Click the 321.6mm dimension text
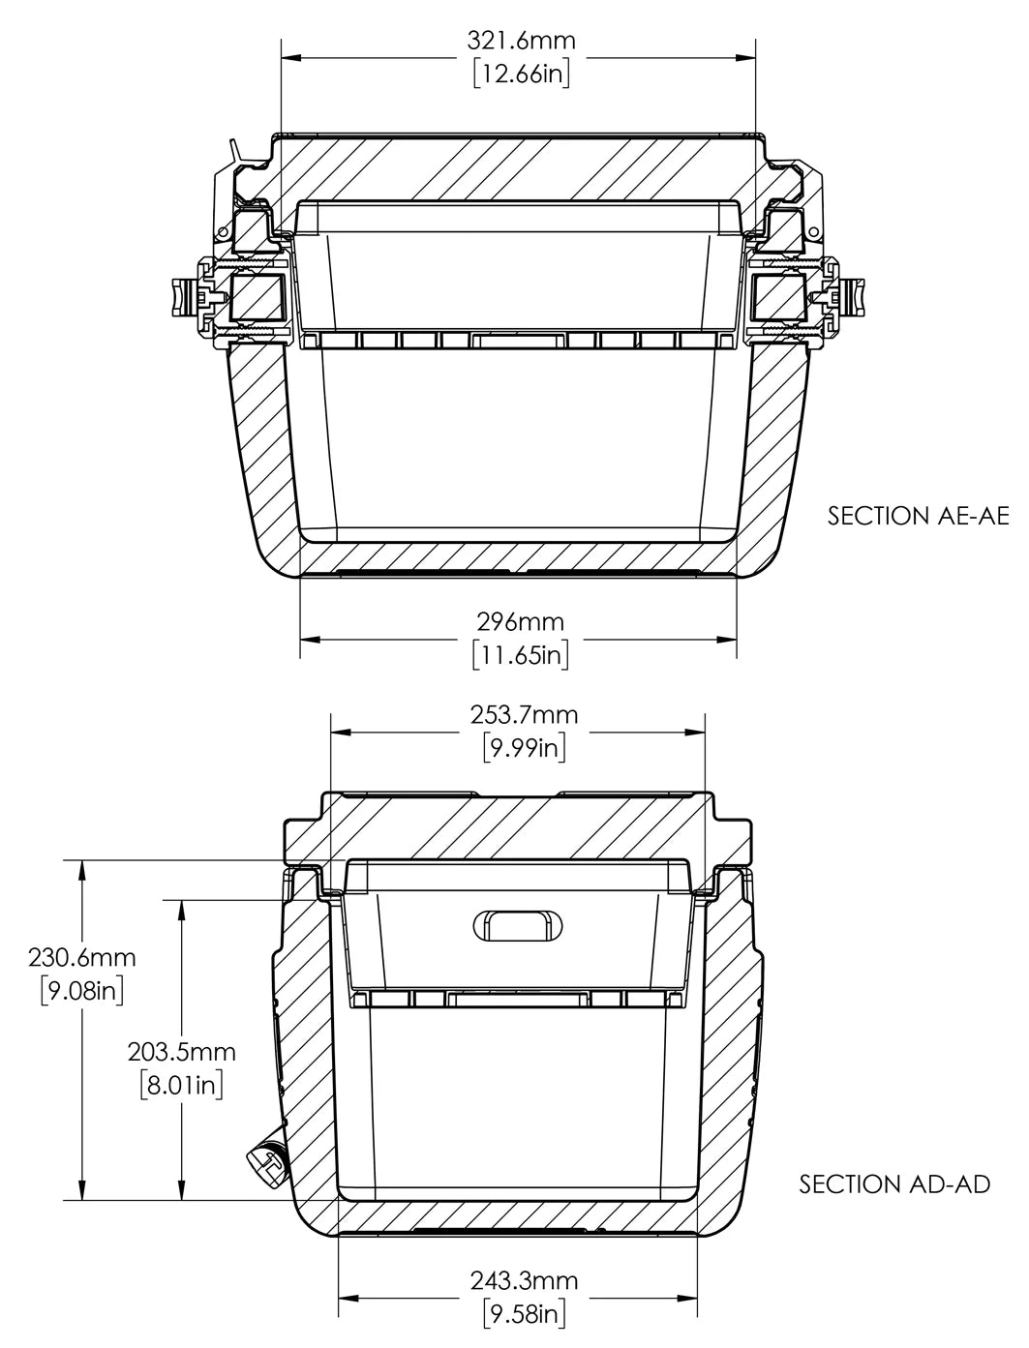point(521,40)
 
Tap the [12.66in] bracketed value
point(521,75)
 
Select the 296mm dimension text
point(521,621)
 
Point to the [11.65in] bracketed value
point(521,655)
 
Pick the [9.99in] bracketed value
point(524,747)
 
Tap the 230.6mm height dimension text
point(81,958)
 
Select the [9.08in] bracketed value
point(81,991)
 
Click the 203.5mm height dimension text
point(182,1050)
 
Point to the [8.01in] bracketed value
point(182,1084)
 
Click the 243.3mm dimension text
point(524,1280)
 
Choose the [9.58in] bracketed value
point(524,1314)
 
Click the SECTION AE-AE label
point(918,516)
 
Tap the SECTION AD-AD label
point(894,1183)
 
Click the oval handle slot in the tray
point(519,925)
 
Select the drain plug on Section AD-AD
point(268,1162)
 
